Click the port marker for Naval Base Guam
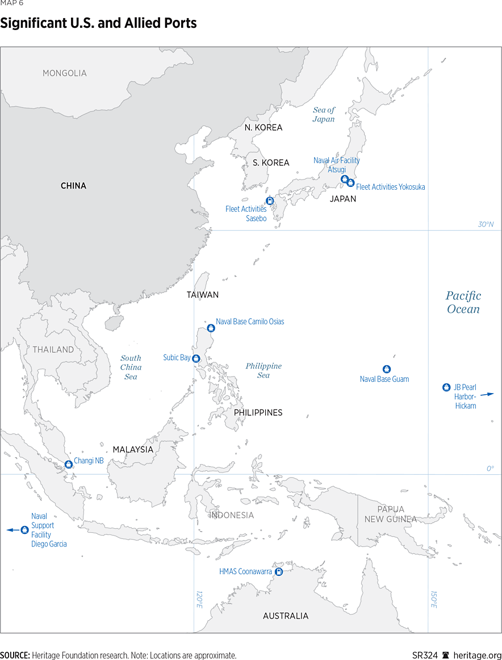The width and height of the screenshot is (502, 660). tap(387, 369)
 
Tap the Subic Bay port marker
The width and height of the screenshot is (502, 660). tap(196, 358)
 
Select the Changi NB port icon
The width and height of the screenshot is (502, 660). tap(69, 464)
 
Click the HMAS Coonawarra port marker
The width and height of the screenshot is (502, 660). tap(279, 572)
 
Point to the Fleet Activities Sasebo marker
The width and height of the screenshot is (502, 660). tap(270, 200)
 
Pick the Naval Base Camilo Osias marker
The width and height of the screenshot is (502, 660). tap(211, 328)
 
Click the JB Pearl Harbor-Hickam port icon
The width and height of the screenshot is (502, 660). tap(446, 387)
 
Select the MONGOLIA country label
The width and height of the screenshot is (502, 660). tap(65, 73)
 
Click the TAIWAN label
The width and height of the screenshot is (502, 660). tap(203, 295)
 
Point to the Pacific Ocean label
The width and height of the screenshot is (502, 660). tap(463, 302)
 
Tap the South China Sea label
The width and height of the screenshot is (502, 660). tap(131, 367)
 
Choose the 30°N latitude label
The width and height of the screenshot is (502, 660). tap(486, 224)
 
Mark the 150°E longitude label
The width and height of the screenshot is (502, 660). tap(434, 600)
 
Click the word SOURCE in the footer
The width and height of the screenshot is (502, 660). tap(15, 655)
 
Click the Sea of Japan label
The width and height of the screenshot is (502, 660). tap(324, 114)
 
